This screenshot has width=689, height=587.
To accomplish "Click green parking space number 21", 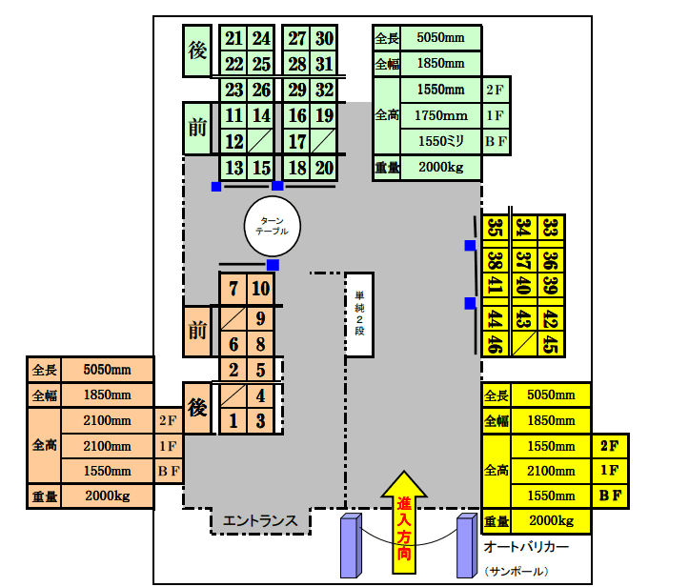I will click(x=233, y=39).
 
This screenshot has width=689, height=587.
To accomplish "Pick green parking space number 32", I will click(x=324, y=91).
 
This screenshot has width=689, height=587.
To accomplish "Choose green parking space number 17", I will click(x=297, y=142).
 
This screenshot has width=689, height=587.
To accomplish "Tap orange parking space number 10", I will click(x=262, y=289).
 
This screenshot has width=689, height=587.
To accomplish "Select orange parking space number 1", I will click(x=233, y=420).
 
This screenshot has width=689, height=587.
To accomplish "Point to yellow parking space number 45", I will click(x=550, y=344).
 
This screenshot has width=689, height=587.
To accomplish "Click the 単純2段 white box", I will click(x=359, y=313).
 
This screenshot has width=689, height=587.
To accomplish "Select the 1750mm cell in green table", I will click(x=441, y=115).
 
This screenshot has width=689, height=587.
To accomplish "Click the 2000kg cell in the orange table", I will click(x=107, y=496).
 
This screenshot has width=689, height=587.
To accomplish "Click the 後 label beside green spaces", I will click(x=196, y=51).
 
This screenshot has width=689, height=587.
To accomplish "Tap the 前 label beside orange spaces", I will click(x=196, y=331).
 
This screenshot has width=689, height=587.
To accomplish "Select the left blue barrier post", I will click(x=350, y=547).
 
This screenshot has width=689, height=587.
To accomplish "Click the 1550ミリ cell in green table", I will click(x=441, y=141).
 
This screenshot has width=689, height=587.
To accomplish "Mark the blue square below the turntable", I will click(x=273, y=264).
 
